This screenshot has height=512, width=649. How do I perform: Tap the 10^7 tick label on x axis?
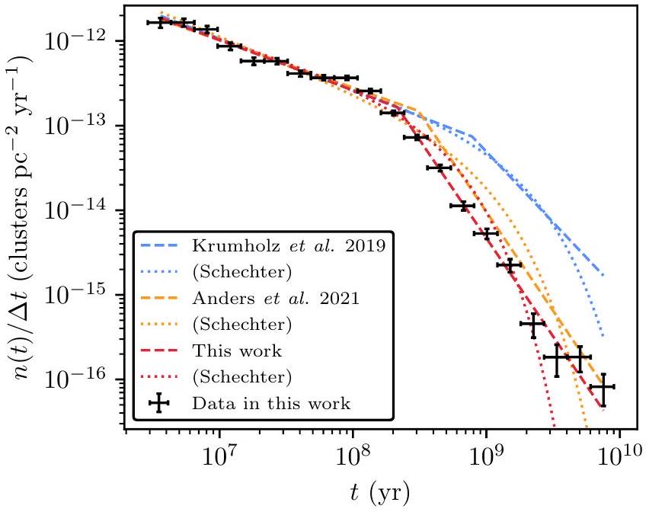tap(219, 459)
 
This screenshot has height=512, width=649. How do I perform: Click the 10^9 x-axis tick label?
tap(485, 459)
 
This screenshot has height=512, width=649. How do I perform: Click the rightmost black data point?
tap(603, 388)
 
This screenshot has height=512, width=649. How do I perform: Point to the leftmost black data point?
tap(160, 23)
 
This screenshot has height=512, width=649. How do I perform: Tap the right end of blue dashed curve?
tap(603, 276)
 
